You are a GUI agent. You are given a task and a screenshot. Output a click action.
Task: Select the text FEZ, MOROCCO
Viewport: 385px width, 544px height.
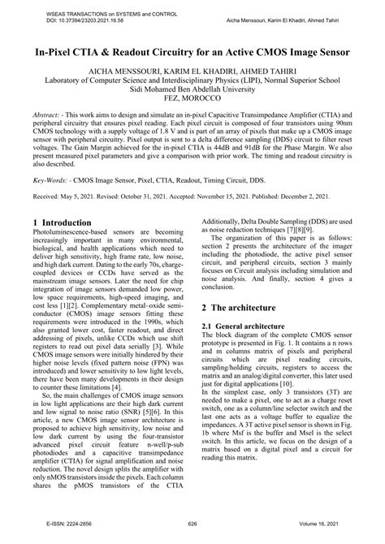point(192,103)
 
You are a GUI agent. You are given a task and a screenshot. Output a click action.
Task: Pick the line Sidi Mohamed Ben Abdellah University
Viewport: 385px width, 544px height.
point(192,93)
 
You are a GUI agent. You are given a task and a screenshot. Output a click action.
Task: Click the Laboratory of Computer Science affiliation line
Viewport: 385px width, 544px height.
point(192,82)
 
